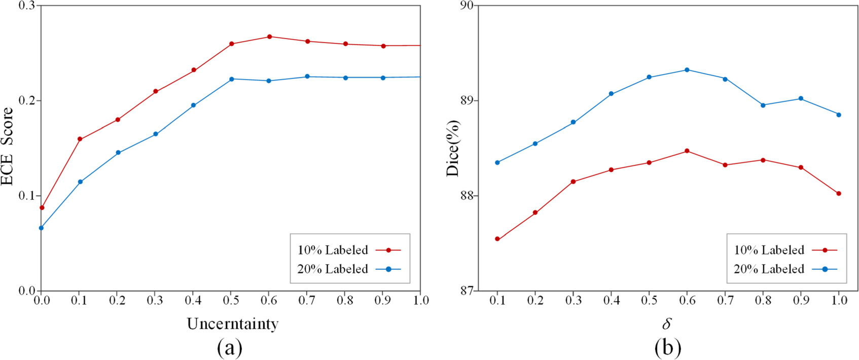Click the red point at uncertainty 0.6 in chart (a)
269,37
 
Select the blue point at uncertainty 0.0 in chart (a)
41,228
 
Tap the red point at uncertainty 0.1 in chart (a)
80,139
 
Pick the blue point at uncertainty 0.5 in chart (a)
231,79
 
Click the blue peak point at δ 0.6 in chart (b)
687,70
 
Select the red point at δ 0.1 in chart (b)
497,239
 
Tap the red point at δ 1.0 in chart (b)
839,194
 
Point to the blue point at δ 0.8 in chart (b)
763,105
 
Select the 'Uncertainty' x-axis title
232,324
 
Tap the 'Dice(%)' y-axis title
452,149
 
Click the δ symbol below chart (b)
667,323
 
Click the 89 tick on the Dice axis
466,100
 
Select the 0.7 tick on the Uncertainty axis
307,301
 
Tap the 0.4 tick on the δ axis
611,301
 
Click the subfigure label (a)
230,348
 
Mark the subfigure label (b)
667,348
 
